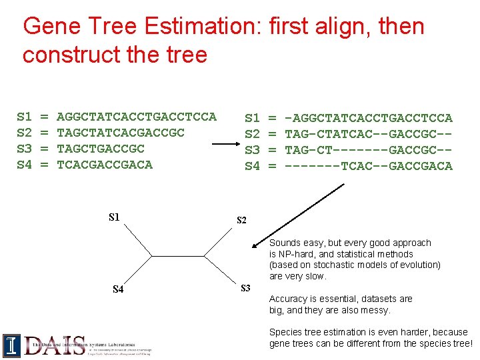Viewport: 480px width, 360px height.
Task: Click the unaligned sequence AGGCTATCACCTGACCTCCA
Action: click(137, 117)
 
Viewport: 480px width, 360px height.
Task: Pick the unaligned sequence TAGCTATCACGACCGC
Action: click(121, 133)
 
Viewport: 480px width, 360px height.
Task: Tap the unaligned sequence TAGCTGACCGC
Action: click(101, 149)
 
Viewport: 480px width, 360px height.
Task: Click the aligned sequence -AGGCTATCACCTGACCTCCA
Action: click(369, 118)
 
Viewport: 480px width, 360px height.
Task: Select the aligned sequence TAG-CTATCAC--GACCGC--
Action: click(369, 134)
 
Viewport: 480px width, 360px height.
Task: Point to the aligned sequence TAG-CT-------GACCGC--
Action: click(369, 150)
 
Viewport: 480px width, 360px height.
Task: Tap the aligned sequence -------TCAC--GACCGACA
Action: click(369, 166)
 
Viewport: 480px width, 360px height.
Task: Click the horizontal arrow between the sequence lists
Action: click(217, 142)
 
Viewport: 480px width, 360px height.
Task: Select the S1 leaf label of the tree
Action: click(115, 217)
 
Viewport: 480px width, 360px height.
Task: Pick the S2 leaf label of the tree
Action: click(242, 220)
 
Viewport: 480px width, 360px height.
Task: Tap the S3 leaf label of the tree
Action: click(245, 288)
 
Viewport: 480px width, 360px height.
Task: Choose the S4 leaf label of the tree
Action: click(118, 289)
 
